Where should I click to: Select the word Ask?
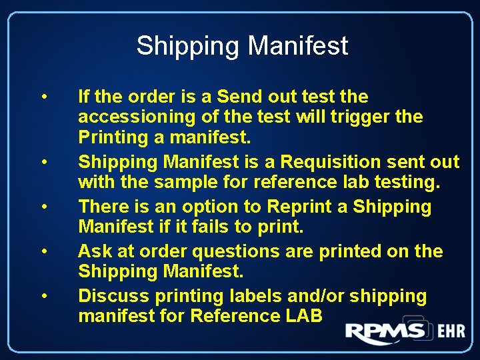point(93,251)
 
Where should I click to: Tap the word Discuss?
point(112,296)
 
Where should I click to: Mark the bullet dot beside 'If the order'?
point(43,98)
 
